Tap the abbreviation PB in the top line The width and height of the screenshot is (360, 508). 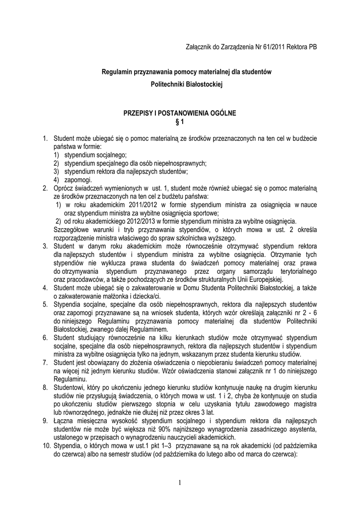point(312,47)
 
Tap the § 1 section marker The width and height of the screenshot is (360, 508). point(180,122)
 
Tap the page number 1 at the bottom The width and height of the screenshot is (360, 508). point(180,484)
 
